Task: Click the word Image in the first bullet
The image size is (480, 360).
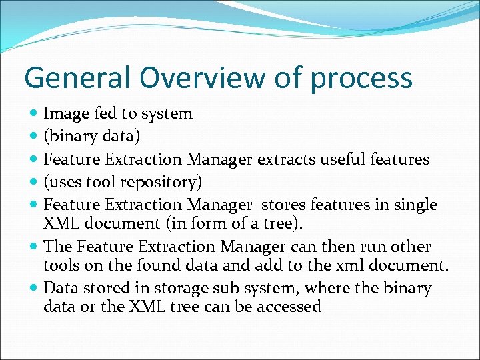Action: [64, 114]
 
